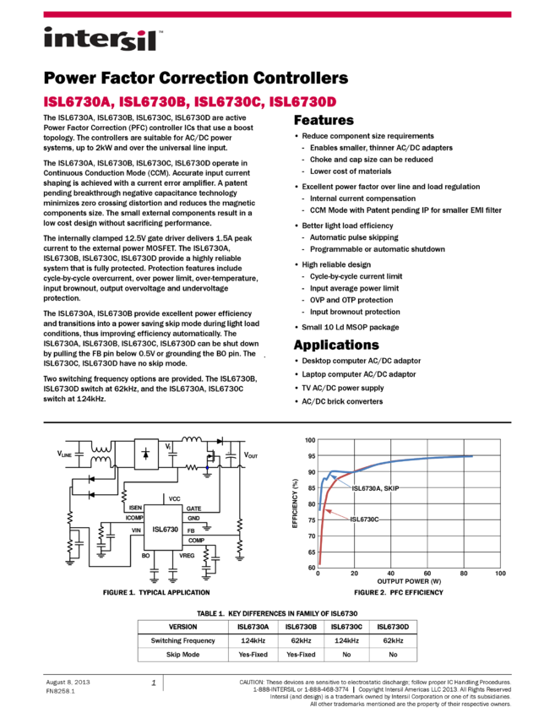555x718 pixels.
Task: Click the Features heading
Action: pyautogui.click(x=324, y=120)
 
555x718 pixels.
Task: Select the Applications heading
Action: pyautogui.click(x=336, y=345)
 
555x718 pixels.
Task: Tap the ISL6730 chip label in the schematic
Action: pyautogui.click(x=166, y=530)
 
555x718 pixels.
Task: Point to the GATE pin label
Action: pyautogui.click(x=193, y=509)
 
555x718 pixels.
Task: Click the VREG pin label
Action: pyautogui.click(x=187, y=556)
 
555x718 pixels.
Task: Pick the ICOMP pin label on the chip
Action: pyautogui.click(x=134, y=518)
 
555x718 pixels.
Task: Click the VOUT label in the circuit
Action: pyautogui.click(x=251, y=455)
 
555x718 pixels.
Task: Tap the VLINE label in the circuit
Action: pyautogui.click(x=64, y=454)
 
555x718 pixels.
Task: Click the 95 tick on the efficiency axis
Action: pyautogui.click(x=311, y=456)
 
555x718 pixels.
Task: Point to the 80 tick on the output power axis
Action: pyautogui.click(x=464, y=574)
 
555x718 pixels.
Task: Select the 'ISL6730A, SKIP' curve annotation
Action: pyautogui.click(x=376, y=488)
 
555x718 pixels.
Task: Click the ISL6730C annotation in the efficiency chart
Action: pyautogui.click(x=364, y=519)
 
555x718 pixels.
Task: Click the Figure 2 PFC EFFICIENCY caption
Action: pyautogui.click(x=399, y=592)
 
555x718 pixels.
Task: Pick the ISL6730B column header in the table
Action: pyautogui.click(x=301, y=627)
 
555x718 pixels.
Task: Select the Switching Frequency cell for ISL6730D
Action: pyautogui.click(x=394, y=640)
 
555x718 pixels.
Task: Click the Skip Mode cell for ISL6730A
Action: pyautogui.click(x=253, y=655)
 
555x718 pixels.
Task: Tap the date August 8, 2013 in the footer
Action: pyautogui.click(x=68, y=682)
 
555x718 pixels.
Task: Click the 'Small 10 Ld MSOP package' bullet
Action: pyautogui.click(x=351, y=327)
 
